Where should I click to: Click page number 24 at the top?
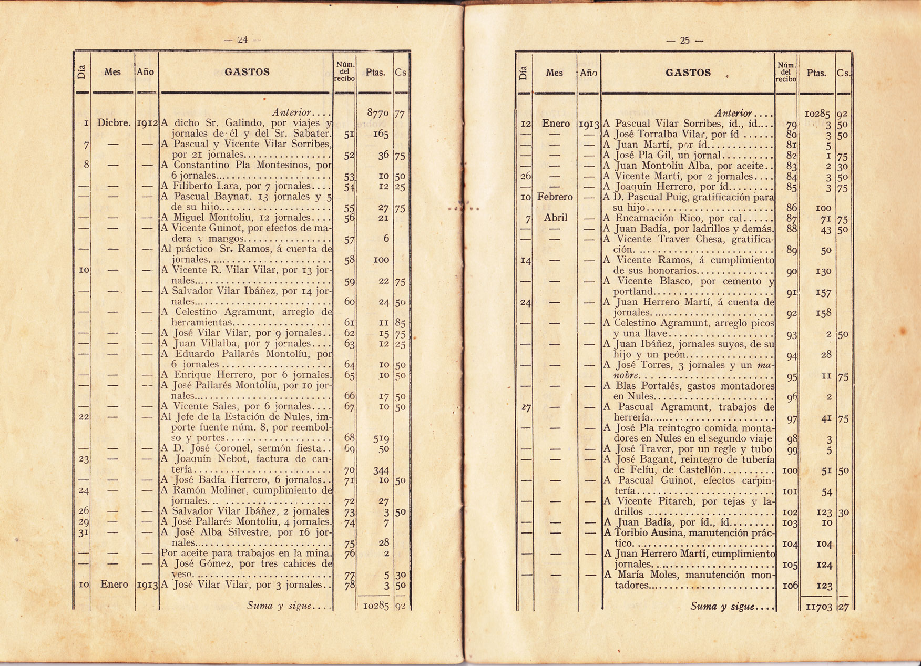click(x=242, y=39)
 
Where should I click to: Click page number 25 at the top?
click(x=684, y=40)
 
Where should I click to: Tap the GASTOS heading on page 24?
click(x=247, y=72)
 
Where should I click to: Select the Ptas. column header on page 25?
click(x=816, y=73)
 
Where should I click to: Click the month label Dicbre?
click(x=112, y=124)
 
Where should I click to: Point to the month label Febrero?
click(x=554, y=197)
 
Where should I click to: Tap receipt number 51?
click(x=348, y=135)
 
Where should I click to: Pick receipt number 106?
click(x=790, y=586)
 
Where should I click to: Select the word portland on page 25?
click(x=634, y=292)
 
